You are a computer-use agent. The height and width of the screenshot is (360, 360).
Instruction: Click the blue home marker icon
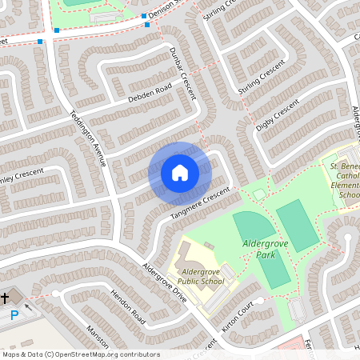179,171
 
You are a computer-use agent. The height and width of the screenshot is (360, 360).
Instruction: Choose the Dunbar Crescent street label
182,71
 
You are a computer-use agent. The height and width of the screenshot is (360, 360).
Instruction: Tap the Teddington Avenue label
88,136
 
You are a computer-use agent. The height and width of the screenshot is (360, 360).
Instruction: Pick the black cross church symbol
5,298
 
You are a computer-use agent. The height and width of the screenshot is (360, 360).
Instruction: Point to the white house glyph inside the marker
179,171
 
